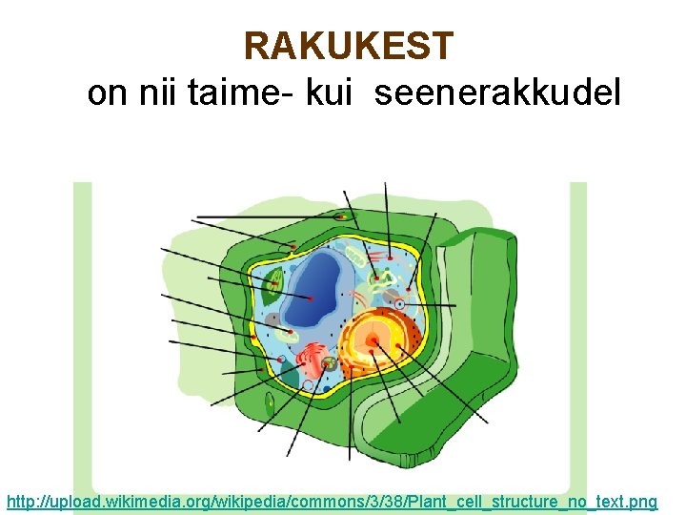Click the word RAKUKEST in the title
point(349,45)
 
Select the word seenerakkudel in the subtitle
point(498,93)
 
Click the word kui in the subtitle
point(329,93)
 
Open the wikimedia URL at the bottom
point(332,501)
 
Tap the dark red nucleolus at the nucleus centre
point(374,340)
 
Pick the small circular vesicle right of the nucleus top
point(400,305)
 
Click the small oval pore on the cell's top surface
point(340,217)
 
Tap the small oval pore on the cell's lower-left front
point(270,405)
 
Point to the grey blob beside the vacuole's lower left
point(273,319)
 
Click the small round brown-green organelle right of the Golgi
point(330,363)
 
